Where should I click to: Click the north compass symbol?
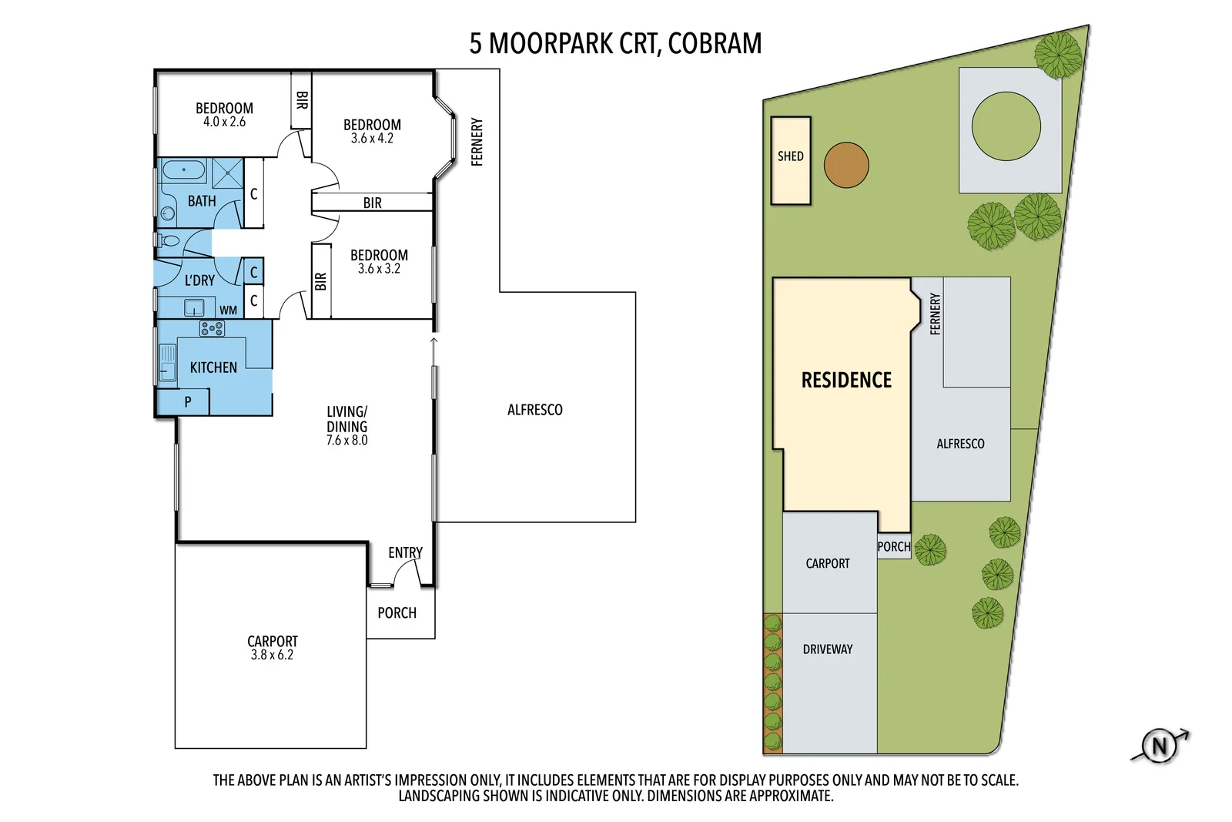point(1159,746)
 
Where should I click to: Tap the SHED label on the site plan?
point(790,156)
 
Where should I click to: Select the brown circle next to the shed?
point(846,165)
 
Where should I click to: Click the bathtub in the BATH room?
point(183,169)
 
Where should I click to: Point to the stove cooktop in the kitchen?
point(212,329)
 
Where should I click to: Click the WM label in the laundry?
point(229,310)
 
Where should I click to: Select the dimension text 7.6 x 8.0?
point(346,441)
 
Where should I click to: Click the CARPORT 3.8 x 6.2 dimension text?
point(272,655)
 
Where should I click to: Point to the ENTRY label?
point(405,552)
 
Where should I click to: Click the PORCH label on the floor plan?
point(397,613)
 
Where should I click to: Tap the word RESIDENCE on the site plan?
point(846,380)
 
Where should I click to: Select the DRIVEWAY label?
point(828,649)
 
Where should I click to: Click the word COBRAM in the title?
point(715,43)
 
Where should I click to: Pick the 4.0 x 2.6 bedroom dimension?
point(224,122)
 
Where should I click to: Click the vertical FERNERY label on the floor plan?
point(477,142)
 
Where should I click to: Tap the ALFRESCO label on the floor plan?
point(534,410)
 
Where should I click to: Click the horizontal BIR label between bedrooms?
point(372,203)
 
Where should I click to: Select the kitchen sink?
point(167,363)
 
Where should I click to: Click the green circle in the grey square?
point(1006,126)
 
